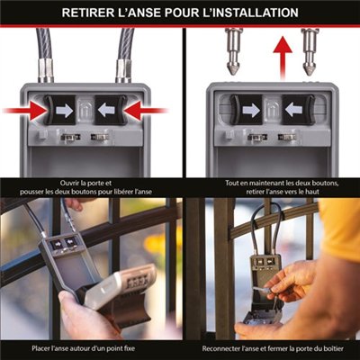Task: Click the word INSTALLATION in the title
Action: point(249,13)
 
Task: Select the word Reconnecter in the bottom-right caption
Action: point(220,349)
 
